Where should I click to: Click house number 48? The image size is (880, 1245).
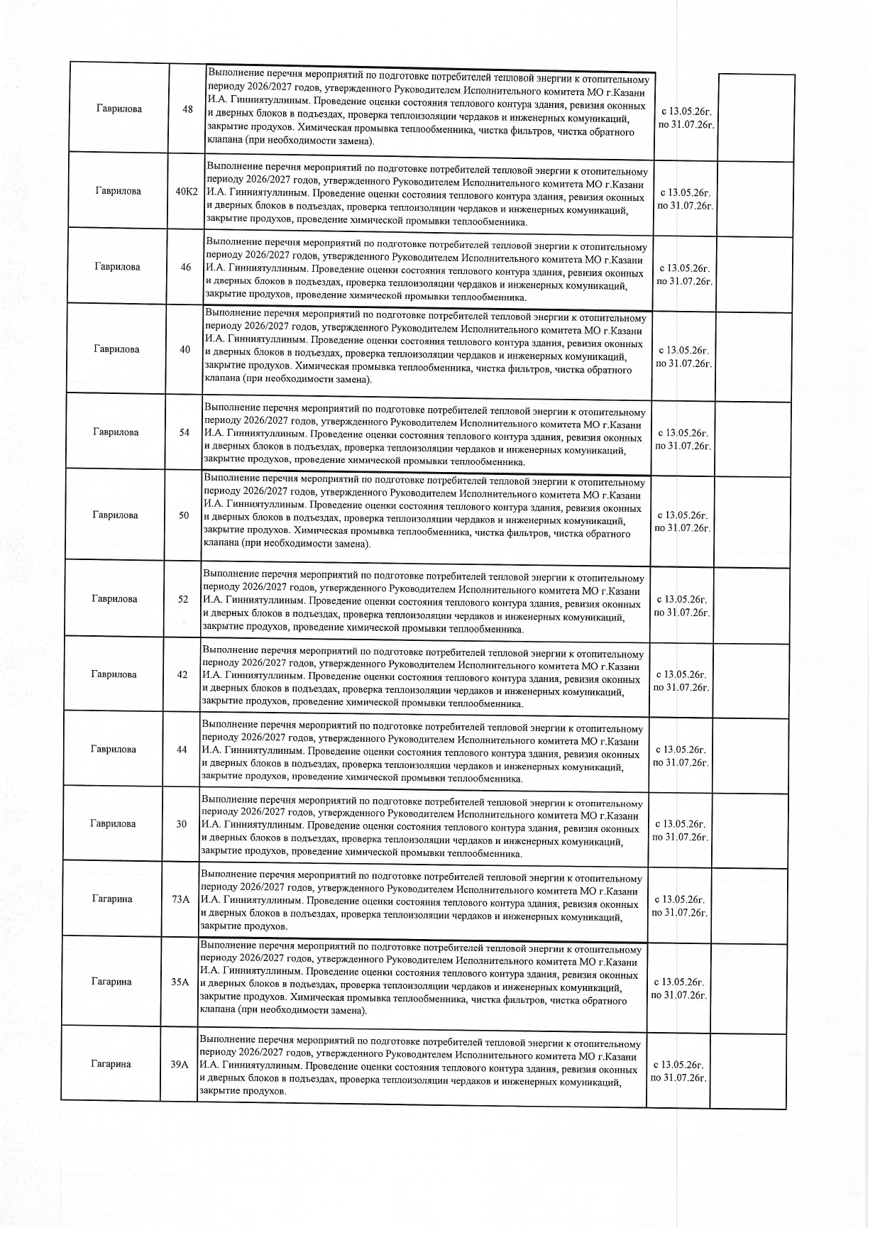pos(187,109)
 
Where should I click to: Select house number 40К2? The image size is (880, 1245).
pos(187,191)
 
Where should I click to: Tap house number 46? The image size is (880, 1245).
pos(186,268)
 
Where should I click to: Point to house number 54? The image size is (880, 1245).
pos(185,432)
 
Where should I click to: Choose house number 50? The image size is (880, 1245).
pos(184,515)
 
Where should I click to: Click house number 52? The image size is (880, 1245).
pos(183,599)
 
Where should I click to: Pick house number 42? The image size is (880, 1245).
pos(182,674)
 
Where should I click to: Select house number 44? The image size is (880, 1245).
pos(182,750)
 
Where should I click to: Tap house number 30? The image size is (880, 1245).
pos(182,824)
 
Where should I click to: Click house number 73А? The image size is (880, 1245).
pos(181,899)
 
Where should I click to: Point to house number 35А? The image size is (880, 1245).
pos(180,982)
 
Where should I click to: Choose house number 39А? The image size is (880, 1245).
pos(180,1065)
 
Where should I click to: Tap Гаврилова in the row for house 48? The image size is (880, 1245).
pos(119,109)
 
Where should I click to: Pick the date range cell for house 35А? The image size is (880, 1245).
pos(679,989)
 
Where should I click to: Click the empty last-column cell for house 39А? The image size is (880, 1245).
pos(748,1069)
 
